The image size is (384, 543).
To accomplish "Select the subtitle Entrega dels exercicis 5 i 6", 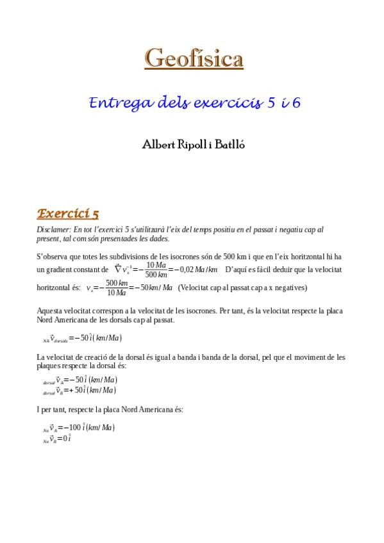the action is tap(194, 102).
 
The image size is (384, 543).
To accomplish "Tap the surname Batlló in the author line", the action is tap(227, 145).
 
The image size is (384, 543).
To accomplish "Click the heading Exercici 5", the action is tap(68, 213).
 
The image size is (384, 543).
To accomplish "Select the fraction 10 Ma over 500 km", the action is tap(156, 270).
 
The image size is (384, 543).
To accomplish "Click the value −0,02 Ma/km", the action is tap(196, 270).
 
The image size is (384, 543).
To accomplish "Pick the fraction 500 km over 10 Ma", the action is tap(116, 288).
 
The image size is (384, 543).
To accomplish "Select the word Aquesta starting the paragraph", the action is tap(51, 310).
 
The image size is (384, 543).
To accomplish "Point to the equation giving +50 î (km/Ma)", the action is tap(79, 390).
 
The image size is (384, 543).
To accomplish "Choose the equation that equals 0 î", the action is tap(57, 439).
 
